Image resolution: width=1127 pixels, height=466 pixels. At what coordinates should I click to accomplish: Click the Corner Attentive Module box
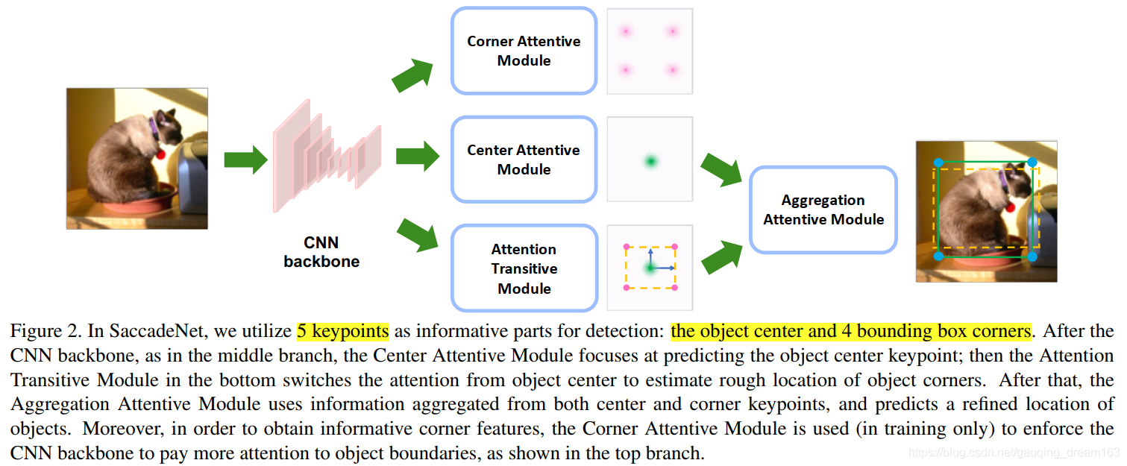point(524,51)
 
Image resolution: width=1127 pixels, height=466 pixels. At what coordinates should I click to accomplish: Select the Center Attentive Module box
point(524,160)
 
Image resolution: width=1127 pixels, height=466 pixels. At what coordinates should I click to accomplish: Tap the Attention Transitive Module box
point(524,268)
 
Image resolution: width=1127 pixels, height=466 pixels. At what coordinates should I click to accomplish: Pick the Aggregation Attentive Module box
point(823,210)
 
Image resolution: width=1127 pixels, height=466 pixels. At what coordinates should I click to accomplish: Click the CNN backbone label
point(321,252)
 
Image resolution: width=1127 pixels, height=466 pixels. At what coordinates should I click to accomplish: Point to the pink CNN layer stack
point(327,155)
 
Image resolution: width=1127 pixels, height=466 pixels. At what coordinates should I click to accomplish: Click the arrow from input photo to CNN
point(245,159)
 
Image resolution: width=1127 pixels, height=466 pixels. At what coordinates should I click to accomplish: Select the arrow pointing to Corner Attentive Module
point(412,75)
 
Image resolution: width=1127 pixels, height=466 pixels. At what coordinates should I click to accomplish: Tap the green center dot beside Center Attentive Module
point(650,160)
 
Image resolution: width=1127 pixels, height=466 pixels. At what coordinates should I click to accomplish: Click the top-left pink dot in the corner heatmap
point(626,31)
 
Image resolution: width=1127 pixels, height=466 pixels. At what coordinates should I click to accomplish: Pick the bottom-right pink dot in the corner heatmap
point(673,70)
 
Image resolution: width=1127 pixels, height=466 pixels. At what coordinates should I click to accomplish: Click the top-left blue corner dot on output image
point(939,162)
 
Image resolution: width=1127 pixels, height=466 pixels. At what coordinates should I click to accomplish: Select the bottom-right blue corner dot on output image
point(1032,256)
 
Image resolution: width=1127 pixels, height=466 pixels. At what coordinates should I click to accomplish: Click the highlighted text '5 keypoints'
point(342,331)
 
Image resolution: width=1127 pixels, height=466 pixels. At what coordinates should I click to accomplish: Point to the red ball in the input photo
point(160,154)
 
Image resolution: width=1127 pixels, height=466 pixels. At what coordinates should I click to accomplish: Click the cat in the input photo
point(127,164)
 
